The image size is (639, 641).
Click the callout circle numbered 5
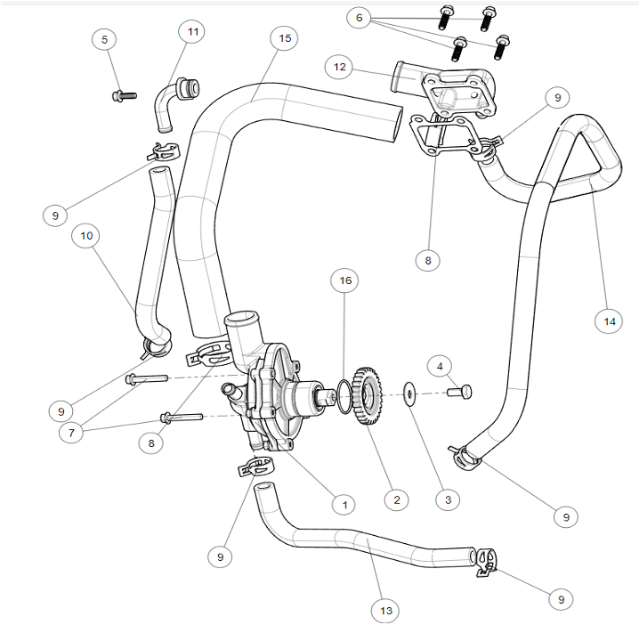click(x=104, y=39)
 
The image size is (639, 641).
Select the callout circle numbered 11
click(x=193, y=31)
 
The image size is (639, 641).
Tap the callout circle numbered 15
click(x=284, y=37)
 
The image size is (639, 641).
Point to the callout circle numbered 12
click(x=339, y=67)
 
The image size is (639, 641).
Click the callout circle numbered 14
click(x=608, y=320)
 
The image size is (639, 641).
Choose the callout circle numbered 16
click(x=345, y=280)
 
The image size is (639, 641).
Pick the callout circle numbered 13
click(x=384, y=611)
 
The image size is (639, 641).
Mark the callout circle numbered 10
click(x=86, y=236)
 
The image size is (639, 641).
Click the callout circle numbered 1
click(x=344, y=504)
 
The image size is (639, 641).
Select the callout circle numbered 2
click(x=397, y=500)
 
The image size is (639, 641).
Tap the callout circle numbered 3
click(x=448, y=500)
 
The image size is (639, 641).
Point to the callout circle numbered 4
click(x=439, y=365)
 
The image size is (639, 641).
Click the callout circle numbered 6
click(x=359, y=18)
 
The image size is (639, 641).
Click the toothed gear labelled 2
click(x=367, y=394)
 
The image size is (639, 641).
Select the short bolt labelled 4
click(x=461, y=391)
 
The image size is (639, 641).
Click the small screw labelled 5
click(x=124, y=94)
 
